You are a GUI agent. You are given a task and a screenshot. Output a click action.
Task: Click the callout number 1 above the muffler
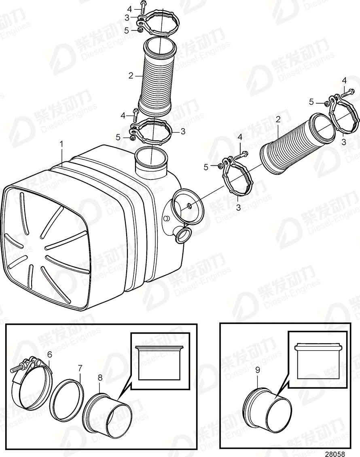62,144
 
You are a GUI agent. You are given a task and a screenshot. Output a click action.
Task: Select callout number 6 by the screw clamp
49,355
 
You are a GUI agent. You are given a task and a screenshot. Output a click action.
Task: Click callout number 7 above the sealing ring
80,368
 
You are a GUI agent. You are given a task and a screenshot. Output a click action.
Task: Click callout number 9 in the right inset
258,370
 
